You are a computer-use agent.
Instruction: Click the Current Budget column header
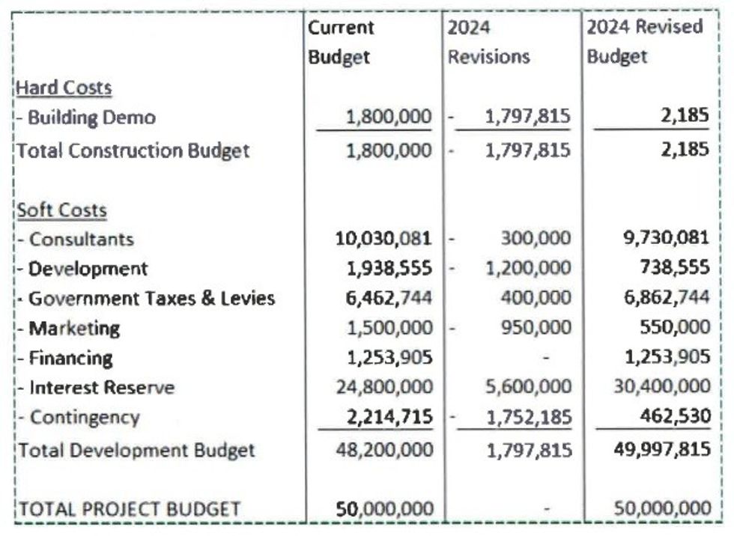[341, 42]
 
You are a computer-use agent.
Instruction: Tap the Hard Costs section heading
[64, 88]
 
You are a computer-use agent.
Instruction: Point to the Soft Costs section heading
[61, 210]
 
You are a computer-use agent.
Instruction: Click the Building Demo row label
[86, 118]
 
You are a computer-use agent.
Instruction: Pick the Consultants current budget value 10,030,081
[384, 240]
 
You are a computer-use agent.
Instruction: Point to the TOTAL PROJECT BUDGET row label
[129, 510]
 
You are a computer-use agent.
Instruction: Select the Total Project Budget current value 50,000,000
[384, 510]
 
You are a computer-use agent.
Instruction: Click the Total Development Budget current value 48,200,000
[384, 450]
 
